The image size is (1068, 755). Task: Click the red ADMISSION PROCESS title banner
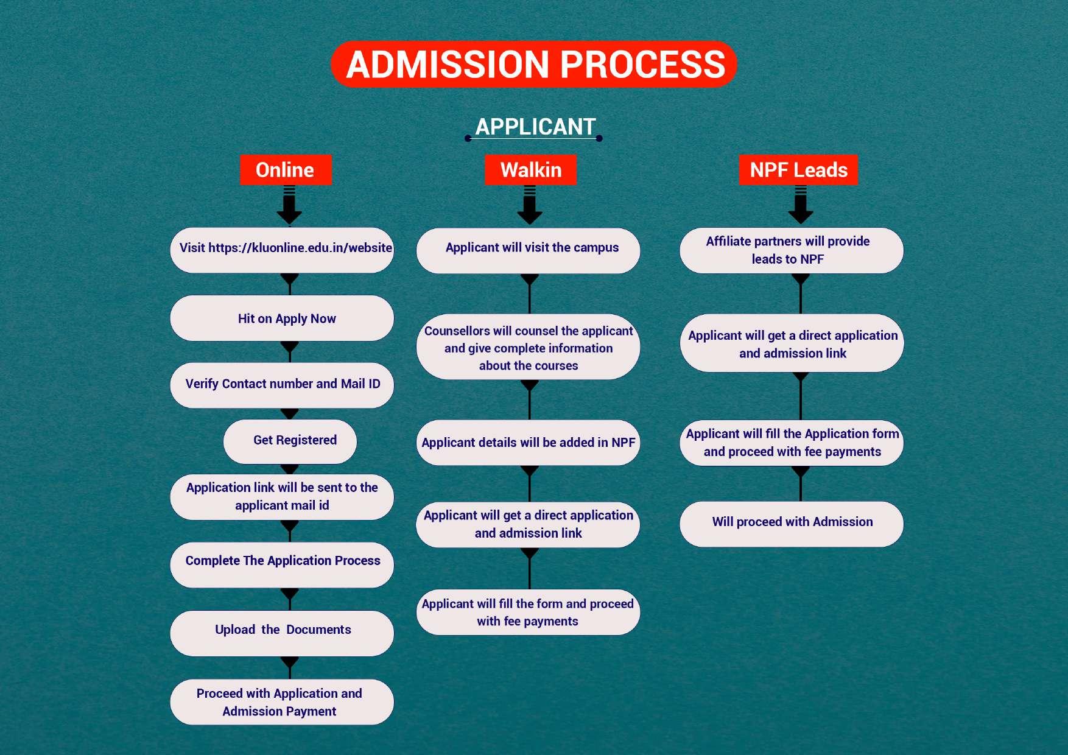pos(534,64)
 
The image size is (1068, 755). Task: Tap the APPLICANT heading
pos(535,127)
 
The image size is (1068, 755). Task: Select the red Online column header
pos(286,170)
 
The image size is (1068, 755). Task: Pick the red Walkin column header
pos(530,170)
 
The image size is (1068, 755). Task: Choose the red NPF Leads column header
pos(798,170)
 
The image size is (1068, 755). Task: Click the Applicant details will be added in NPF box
pos(528,443)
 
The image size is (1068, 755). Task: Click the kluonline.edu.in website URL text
pos(300,248)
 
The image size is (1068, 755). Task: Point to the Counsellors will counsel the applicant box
pos(528,348)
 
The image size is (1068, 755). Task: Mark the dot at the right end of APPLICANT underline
pos(599,138)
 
